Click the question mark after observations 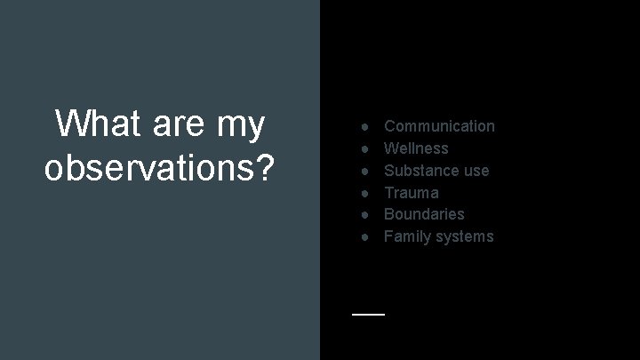click(263, 166)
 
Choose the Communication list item click(439, 126)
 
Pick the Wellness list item click(416, 148)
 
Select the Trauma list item click(411, 192)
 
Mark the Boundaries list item click(424, 213)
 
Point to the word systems click(463, 236)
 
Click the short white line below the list click(368, 314)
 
